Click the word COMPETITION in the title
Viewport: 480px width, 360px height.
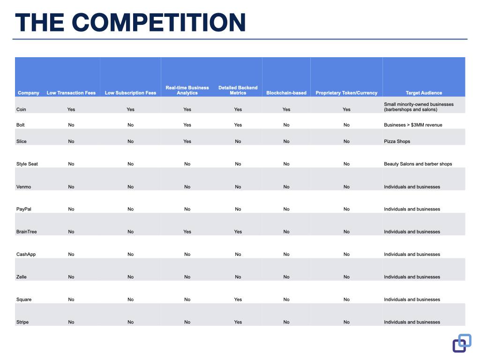158,22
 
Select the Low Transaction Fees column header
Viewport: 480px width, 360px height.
71,93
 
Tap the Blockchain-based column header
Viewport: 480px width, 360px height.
286,93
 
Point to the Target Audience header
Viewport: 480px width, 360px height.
424,93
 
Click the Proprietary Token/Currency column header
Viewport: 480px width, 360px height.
346,93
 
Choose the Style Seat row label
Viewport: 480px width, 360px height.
27,164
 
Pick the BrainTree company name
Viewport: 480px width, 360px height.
26,232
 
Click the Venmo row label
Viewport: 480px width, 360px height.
23,187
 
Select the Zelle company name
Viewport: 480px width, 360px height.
21,277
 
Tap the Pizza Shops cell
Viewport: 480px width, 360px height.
397,142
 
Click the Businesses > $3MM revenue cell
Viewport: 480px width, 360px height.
413,125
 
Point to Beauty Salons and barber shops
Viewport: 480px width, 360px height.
418,164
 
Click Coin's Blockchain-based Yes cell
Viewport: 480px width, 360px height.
286,109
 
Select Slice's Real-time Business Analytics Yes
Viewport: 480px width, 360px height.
187,142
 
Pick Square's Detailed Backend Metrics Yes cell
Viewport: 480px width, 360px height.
238,300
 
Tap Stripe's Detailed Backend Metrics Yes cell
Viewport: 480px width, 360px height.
238,322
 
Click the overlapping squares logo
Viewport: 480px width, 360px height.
462,343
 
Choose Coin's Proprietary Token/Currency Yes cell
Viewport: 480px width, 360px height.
346,109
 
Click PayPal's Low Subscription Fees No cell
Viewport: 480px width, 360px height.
130,209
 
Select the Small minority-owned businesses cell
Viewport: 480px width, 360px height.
419,107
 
